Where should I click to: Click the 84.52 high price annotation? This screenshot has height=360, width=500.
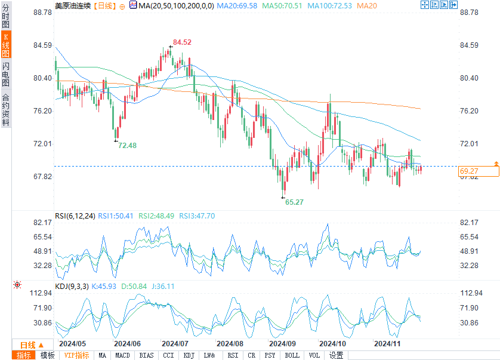coord(182,42)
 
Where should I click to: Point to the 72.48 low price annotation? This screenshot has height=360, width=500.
coord(127,145)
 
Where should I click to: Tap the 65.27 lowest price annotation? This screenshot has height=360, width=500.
coord(294,202)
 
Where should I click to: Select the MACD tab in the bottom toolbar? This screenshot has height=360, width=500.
coord(122,355)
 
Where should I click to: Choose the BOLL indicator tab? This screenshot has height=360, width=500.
coord(292,355)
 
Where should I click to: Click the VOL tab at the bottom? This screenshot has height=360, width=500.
coord(314,355)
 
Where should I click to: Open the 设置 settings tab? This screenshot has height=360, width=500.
coord(337,355)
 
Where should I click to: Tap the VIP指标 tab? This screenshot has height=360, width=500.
coord(77,355)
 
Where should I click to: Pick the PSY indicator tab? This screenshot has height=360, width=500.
coord(270,355)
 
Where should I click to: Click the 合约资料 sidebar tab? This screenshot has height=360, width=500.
coord(5,110)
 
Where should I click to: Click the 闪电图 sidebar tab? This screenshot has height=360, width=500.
coord(5,75)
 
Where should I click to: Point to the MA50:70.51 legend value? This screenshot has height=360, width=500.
coord(279,5)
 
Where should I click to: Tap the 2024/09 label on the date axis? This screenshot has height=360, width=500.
coord(283,344)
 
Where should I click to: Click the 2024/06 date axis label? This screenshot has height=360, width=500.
coord(126,344)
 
